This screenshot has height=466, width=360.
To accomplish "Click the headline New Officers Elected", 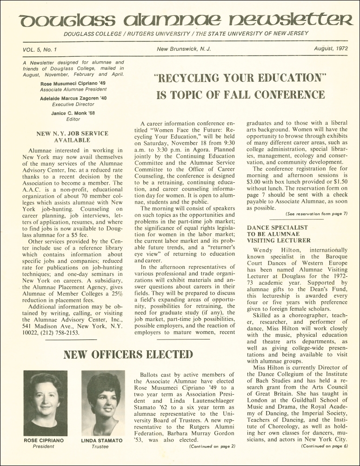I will click(x=128, y=354).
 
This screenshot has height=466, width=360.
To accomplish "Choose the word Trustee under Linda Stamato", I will click(x=100, y=446).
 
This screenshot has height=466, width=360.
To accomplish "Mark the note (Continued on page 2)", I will click(x=213, y=446).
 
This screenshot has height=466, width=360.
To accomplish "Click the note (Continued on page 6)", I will click(x=324, y=446).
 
